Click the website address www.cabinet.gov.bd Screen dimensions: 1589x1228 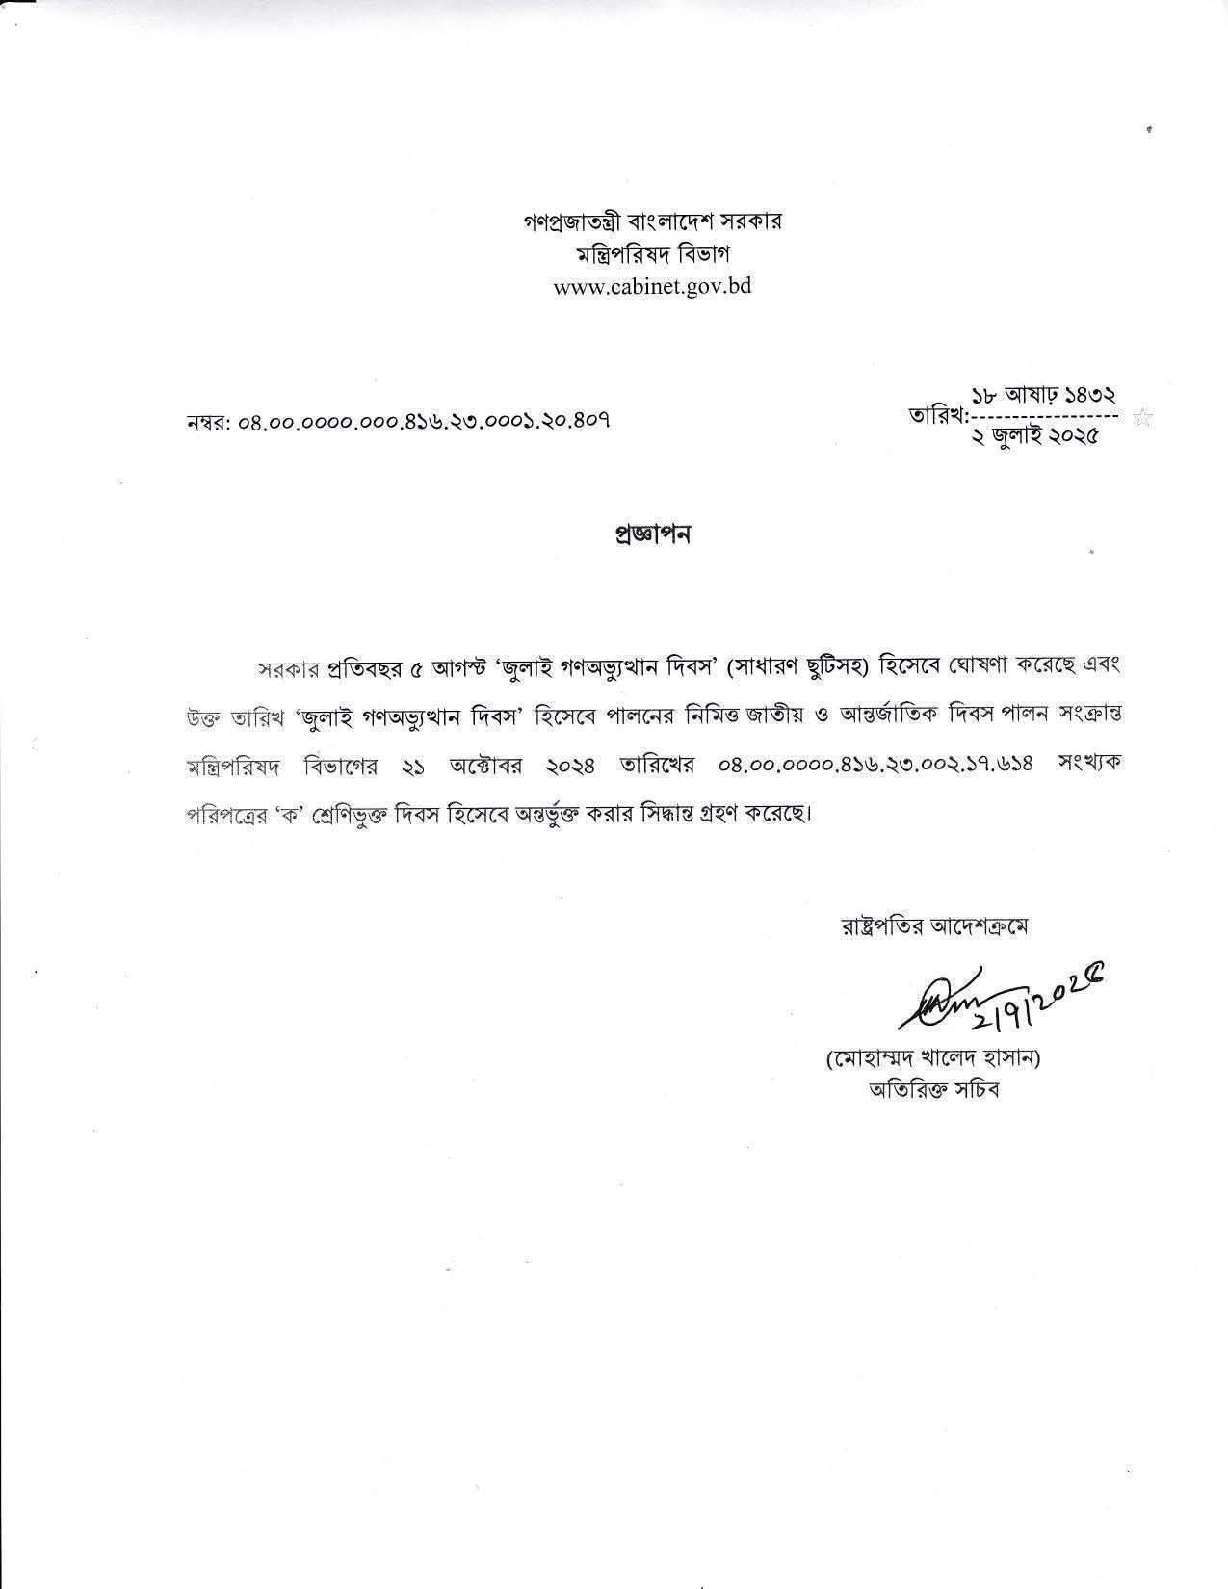pos(652,286)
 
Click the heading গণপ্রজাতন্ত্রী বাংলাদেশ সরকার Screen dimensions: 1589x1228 pos(651,221)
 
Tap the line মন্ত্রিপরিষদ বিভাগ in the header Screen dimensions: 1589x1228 pos(651,254)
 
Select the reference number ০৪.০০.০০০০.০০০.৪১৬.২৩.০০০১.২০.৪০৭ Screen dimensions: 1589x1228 pos(425,421)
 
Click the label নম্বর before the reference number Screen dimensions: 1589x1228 pos(207,422)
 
